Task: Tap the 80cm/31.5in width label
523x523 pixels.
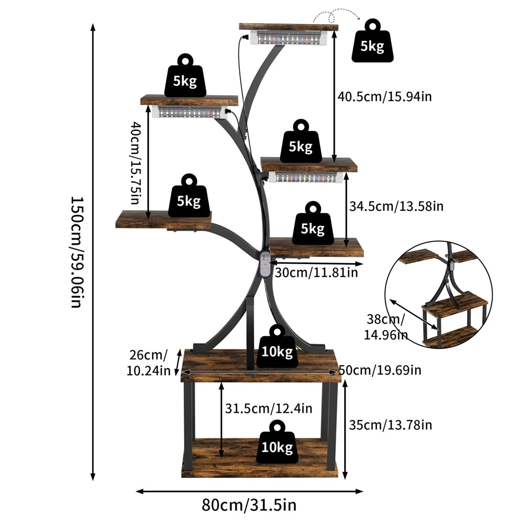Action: [x=249, y=506]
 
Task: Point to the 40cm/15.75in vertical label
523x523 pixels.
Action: [x=135, y=163]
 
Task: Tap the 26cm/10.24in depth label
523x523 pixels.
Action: [x=149, y=363]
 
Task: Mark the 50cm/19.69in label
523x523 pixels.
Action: [x=381, y=370]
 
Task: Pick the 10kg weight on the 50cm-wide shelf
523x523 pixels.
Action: [x=277, y=347]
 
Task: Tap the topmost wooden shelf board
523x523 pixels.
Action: [x=288, y=27]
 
